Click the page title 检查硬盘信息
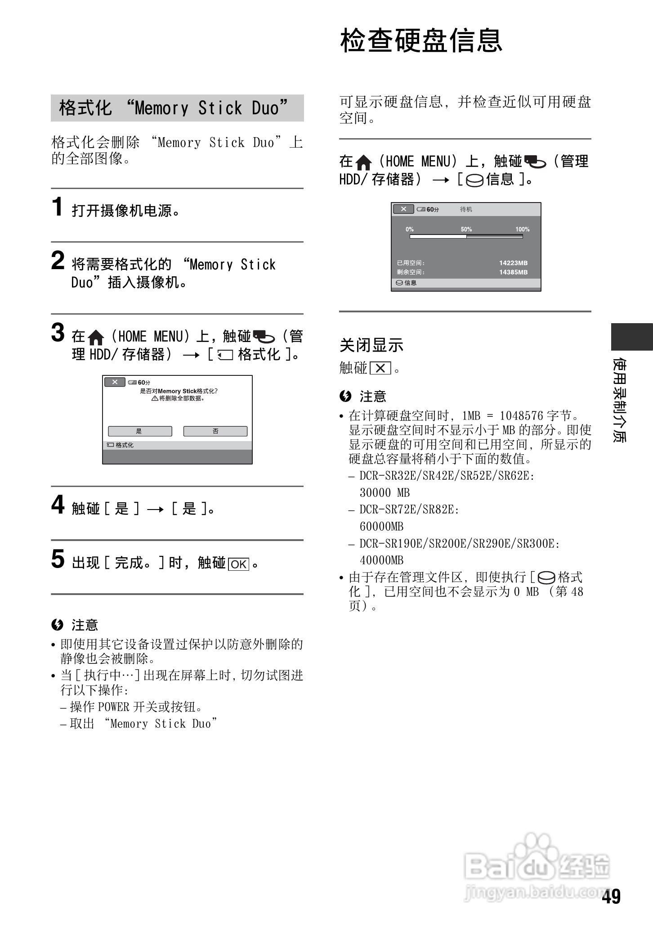coord(421,41)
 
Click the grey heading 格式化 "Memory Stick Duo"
coord(177,108)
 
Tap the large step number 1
coord(57,207)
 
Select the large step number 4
coord(58,505)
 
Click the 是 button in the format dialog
coord(140,431)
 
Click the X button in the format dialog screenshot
coord(115,382)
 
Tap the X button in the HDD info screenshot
coord(403,209)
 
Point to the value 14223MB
coord(513,263)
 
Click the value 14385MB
coord(513,272)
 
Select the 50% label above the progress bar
coord(466,229)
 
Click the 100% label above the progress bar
coord(522,229)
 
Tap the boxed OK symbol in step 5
coord(239,564)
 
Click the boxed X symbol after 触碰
coord(380,369)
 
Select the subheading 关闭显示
coord(371,345)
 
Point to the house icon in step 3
coord(96,337)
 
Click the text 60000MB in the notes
coord(381,526)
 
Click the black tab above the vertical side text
coord(631,336)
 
